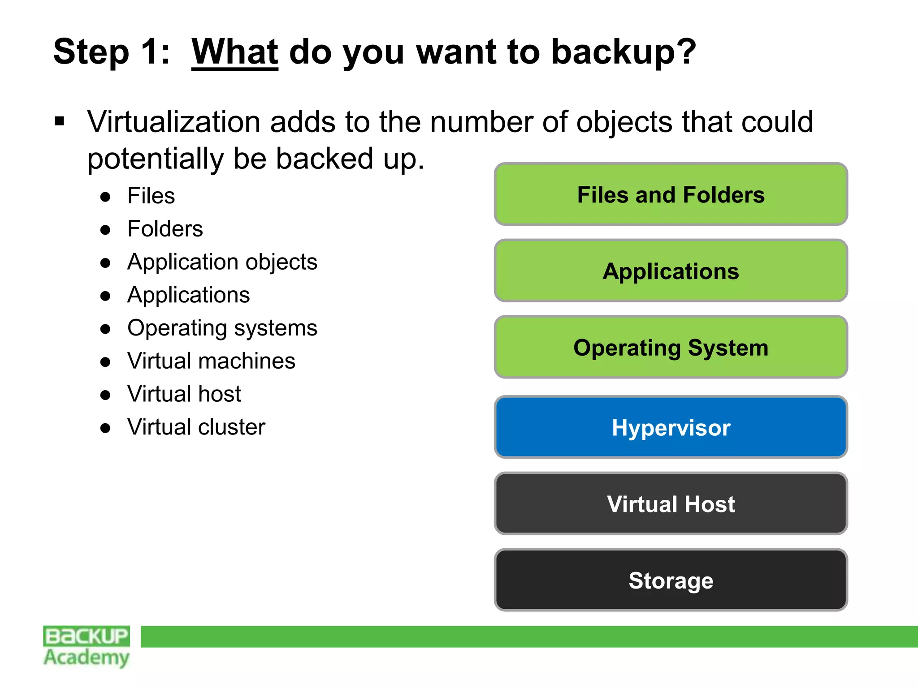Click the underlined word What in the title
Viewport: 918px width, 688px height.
point(234,52)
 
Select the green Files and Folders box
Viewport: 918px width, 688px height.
point(671,194)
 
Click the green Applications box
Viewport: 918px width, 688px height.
point(671,271)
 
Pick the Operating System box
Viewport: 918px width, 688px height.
point(671,348)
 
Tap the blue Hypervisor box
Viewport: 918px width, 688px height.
point(671,427)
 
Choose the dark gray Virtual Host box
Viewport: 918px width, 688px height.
point(671,504)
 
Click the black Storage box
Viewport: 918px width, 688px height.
point(671,580)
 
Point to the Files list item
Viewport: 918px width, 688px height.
point(151,196)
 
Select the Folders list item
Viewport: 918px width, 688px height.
point(165,229)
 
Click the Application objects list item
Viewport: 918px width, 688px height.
point(222,262)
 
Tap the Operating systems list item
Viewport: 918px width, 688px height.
point(222,328)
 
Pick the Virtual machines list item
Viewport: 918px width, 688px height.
point(211,361)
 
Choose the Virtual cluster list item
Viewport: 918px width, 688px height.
point(196,427)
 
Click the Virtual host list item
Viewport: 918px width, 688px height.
point(184,394)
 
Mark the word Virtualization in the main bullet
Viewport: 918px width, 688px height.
point(174,122)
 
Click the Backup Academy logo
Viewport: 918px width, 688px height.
point(87,646)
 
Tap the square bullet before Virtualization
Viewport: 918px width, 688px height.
point(60,121)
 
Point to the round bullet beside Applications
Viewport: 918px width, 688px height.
point(105,296)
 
